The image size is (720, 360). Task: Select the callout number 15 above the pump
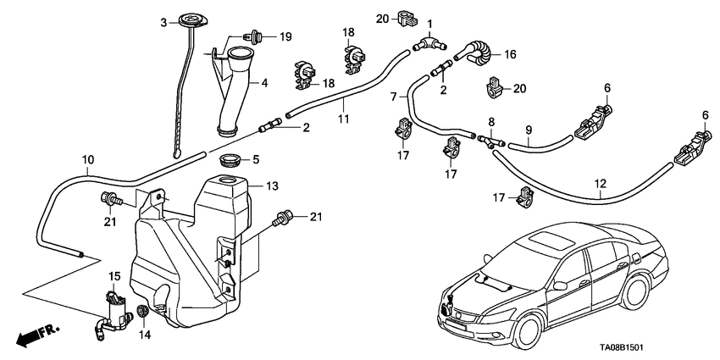click(x=115, y=277)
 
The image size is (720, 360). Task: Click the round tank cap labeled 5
click(x=229, y=160)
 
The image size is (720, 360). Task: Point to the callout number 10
click(x=88, y=159)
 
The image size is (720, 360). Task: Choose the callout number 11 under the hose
click(x=343, y=119)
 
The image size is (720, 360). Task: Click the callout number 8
click(x=490, y=122)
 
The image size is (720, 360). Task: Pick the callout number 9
click(x=528, y=130)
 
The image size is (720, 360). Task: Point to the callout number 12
click(x=601, y=181)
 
